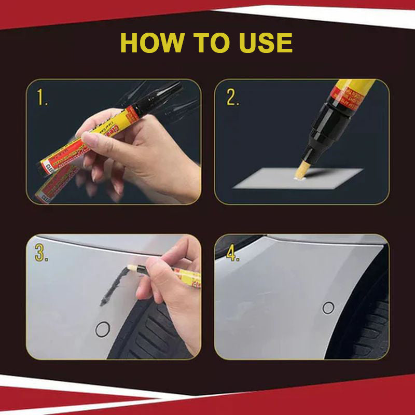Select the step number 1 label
tap(41, 96)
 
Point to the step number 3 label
tap(41, 252)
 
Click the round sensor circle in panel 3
tap(103, 329)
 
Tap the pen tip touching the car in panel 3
tap(133, 269)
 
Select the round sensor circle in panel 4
tap(328, 308)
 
